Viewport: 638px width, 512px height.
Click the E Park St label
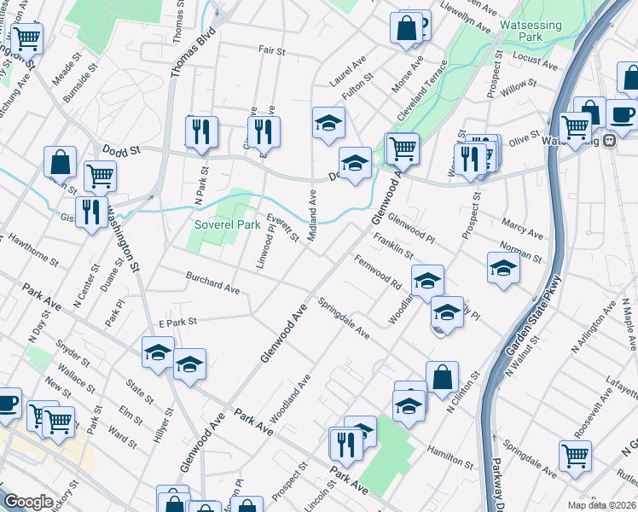(x=178, y=322)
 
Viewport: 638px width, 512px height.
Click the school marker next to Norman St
(x=503, y=267)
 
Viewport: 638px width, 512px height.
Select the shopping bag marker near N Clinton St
(x=442, y=375)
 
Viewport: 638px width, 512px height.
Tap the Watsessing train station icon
(x=611, y=141)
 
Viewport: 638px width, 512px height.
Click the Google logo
(x=28, y=502)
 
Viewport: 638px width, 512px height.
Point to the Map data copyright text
(x=601, y=505)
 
